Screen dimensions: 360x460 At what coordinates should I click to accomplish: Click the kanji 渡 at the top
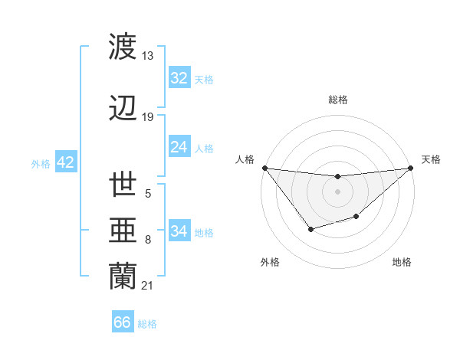pyautogui.click(x=124, y=47)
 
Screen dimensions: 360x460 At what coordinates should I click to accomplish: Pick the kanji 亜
pyautogui.click(x=124, y=231)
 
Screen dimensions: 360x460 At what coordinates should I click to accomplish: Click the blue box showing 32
pyautogui.click(x=179, y=78)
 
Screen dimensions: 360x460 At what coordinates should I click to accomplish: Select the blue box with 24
pyautogui.click(x=179, y=147)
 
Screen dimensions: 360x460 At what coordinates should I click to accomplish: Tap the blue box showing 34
pyautogui.click(x=179, y=231)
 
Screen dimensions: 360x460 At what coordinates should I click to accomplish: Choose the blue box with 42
pyautogui.click(x=65, y=162)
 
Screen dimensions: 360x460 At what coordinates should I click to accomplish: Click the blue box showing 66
pyautogui.click(x=123, y=322)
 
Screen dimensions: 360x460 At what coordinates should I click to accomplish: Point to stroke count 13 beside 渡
pyautogui.click(x=147, y=56)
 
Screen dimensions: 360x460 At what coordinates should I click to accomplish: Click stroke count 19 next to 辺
pyautogui.click(x=147, y=116)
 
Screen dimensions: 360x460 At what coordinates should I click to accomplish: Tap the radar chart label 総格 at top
pyautogui.click(x=337, y=100)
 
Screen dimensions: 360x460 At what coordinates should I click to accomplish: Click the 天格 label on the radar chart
pyautogui.click(x=432, y=159)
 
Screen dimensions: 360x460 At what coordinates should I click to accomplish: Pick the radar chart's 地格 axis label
pyautogui.click(x=402, y=262)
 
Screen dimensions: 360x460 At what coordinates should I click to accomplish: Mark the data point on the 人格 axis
pyautogui.click(x=264, y=168)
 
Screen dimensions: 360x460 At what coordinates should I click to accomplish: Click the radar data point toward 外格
pyautogui.click(x=310, y=229)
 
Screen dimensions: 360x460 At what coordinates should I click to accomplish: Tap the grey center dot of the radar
pyautogui.click(x=337, y=191)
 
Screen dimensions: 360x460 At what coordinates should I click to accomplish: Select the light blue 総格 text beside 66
pyautogui.click(x=147, y=324)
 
